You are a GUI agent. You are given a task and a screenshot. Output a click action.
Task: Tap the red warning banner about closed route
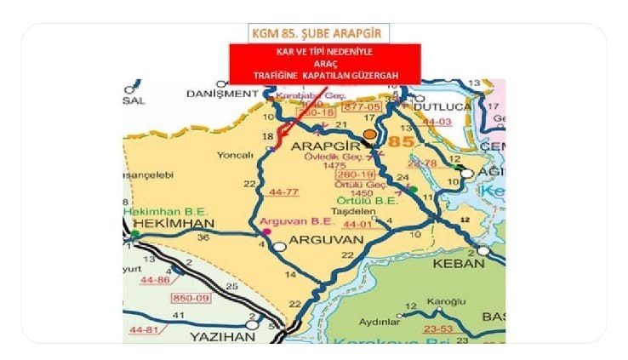312,64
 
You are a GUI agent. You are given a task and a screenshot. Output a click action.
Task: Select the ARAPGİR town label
323,148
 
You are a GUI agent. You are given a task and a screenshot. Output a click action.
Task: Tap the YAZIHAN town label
215,336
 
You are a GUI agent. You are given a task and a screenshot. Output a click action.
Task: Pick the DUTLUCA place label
442,108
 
